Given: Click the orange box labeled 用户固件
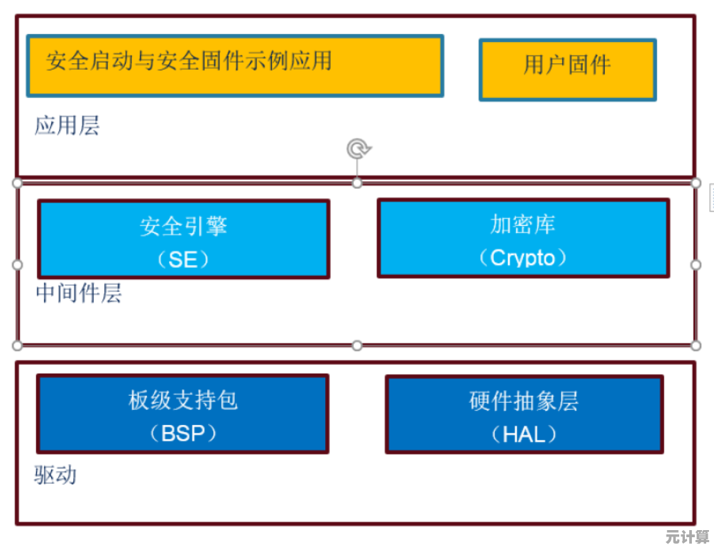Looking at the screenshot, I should pyautogui.click(x=567, y=69).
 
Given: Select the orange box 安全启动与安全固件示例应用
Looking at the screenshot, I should pyautogui.click(x=234, y=65).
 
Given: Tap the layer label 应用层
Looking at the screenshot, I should pyautogui.click(x=67, y=126).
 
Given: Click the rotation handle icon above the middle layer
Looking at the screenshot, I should pyautogui.click(x=358, y=149).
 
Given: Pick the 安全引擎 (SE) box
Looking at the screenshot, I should pyautogui.click(x=183, y=239).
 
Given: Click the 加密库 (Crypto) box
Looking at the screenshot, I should pyautogui.click(x=522, y=237).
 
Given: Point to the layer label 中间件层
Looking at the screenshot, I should pyautogui.click(x=78, y=293).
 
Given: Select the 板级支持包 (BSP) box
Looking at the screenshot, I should pyautogui.click(x=182, y=414).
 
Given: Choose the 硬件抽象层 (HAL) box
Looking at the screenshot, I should pyautogui.click(x=524, y=414).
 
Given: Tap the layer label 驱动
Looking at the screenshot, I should pyautogui.click(x=55, y=475).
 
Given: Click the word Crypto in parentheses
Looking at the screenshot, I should pyautogui.click(x=522, y=258).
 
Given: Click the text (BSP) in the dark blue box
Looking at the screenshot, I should pyautogui.click(x=182, y=433).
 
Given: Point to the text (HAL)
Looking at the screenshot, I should pyautogui.click(x=524, y=434).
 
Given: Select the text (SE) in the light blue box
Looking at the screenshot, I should pyautogui.click(x=183, y=259).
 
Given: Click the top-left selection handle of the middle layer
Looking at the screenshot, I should pyautogui.click(x=18, y=183).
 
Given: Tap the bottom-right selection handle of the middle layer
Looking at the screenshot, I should pyautogui.click(x=696, y=345).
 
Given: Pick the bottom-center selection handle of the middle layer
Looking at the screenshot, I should pyautogui.click(x=357, y=345).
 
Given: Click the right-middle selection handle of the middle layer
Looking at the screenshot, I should pyautogui.click(x=696, y=264).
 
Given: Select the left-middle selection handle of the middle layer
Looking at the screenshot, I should pyautogui.click(x=18, y=264).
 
